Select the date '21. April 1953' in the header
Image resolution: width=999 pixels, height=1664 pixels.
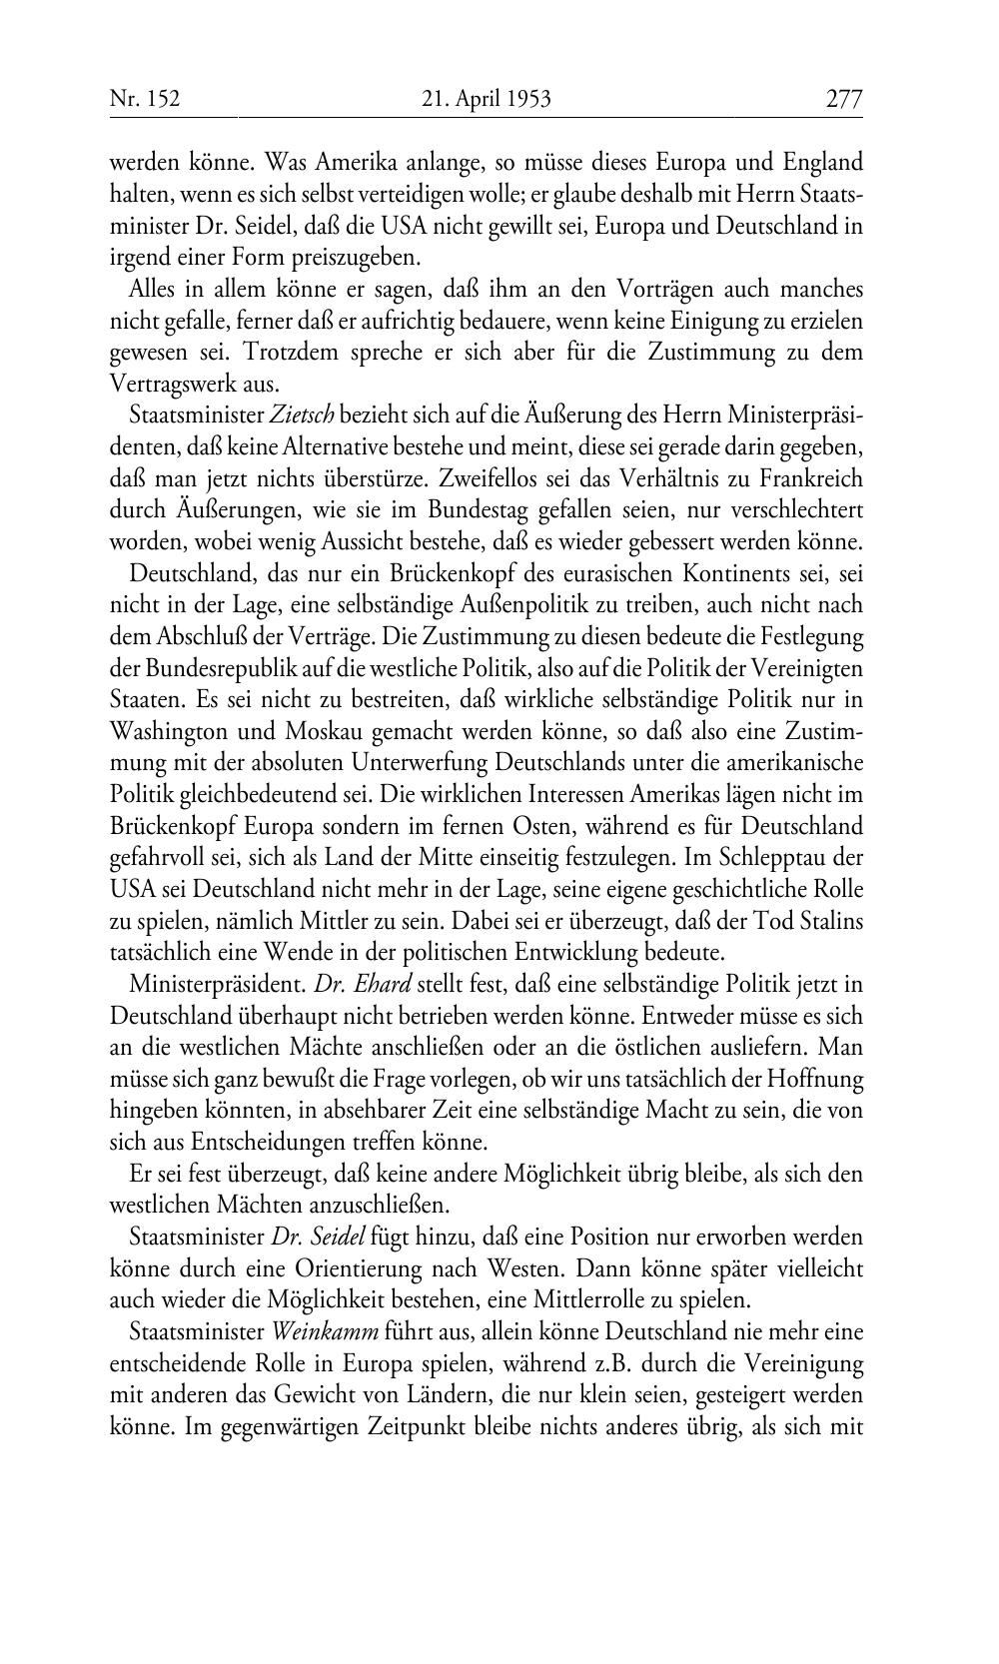pos(487,99)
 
